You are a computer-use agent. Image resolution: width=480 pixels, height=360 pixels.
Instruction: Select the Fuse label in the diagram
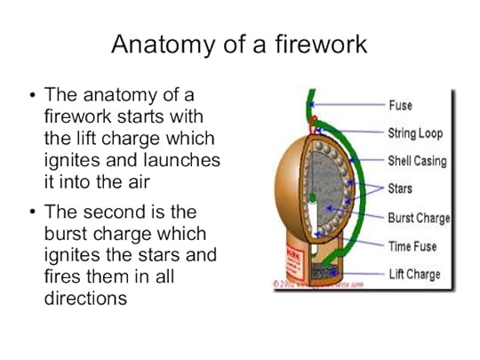pyautogui.click(x=400, y=105)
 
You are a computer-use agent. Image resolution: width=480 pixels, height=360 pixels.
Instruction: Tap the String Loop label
pyautogui.click(x=415, y=133)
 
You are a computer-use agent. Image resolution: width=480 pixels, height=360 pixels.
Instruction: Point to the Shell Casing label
pyautogui.click(x=417, y=161)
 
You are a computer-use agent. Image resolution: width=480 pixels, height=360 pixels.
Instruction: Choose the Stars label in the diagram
pyautogui.click(x=400, y=188)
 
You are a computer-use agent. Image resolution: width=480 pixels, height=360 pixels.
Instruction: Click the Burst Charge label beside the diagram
pyautogui.click(x=419, y=218)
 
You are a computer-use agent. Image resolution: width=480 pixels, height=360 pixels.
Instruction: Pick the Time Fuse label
pyautogui.click(x=412, y=246)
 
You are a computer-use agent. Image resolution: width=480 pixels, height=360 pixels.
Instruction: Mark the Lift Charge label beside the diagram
pyautogui.click(x=414, y=274)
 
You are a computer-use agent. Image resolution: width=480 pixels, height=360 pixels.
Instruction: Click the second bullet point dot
pyautogui.click(x=33, y=213)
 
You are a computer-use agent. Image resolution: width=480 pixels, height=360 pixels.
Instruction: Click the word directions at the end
pyautogui.click(x=85, y=299)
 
